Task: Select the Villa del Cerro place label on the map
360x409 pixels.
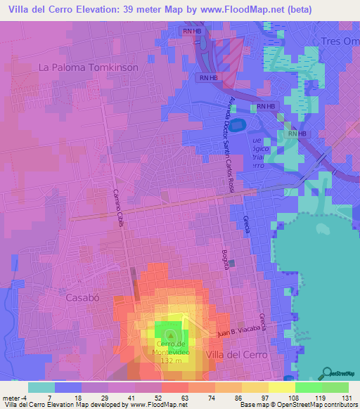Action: pyautogui.click(x=237, y=355)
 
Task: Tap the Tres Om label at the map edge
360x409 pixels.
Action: pyautogui.click(x=340, y=40)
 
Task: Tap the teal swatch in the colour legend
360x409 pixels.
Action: pyautogui.click(x=41, y=387)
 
